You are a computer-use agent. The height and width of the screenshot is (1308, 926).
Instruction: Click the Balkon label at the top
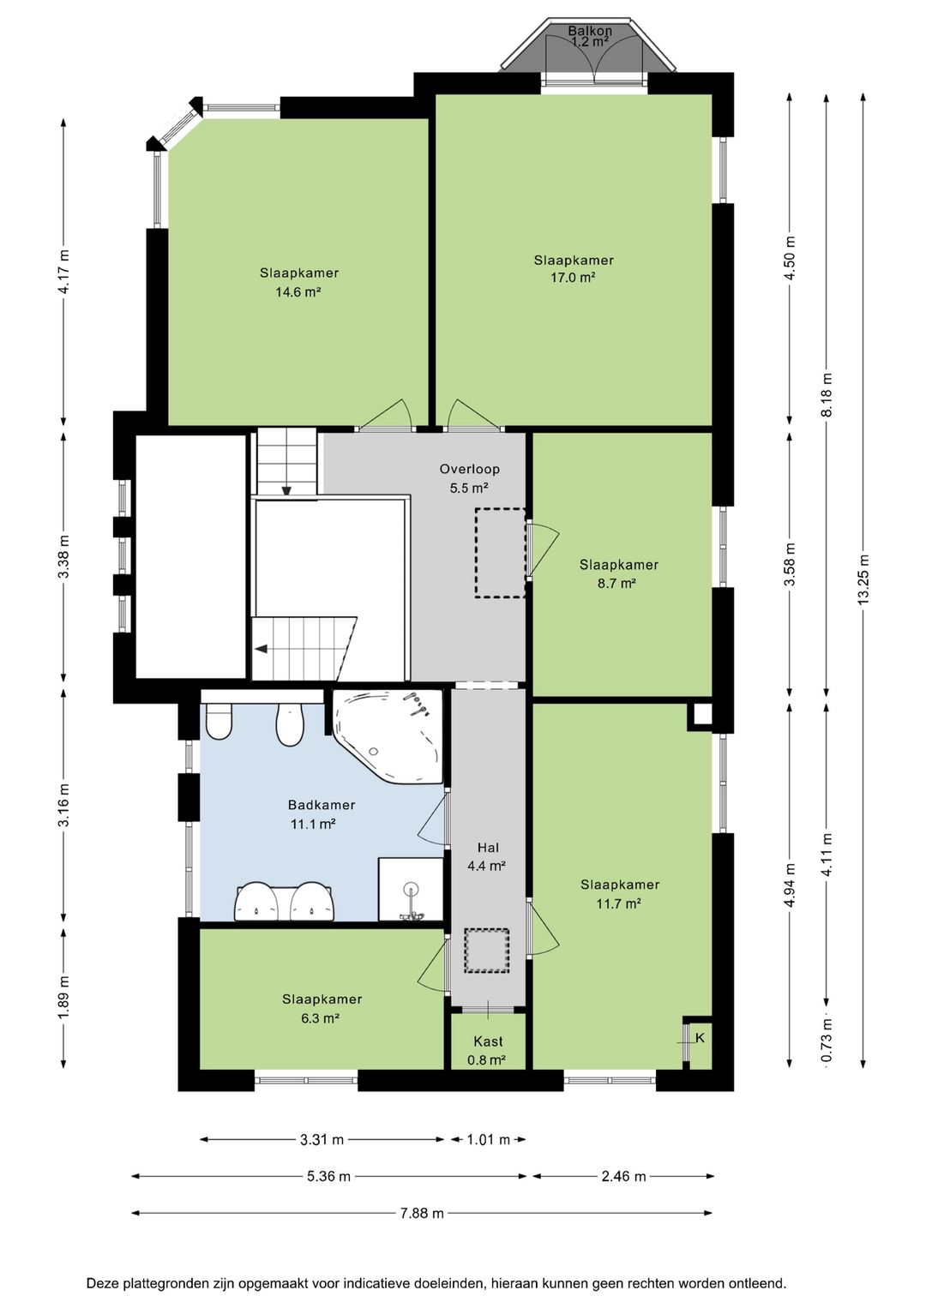click(x=590, y=30)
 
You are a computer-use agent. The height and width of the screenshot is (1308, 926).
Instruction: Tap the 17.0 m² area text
click(x=573, y=278)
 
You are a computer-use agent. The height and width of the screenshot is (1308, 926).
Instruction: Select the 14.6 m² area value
click(x=298, y=292)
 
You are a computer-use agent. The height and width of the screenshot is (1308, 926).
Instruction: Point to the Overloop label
click(x=469, y=468)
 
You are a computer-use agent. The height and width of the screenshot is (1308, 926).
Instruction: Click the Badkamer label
click(x=322, y=805)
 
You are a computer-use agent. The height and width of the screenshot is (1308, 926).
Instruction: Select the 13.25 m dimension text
click(x=864, y=578)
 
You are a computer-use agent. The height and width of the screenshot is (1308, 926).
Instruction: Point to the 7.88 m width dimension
click(x=422, y=1214)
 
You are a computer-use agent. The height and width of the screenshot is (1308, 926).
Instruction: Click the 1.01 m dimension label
click(x=489, y=1139)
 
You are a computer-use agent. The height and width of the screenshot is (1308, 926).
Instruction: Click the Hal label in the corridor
click(x=489, y=847)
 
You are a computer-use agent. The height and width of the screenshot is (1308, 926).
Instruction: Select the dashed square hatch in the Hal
click(x=487, y=951)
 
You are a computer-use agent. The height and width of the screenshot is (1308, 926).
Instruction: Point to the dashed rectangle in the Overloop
click(x=500, y=553)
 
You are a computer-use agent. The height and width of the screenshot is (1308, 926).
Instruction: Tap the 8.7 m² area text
click(x=617, y=583)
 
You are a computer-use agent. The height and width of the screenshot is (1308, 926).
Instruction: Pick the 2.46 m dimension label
click(x=624, y=1176)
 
